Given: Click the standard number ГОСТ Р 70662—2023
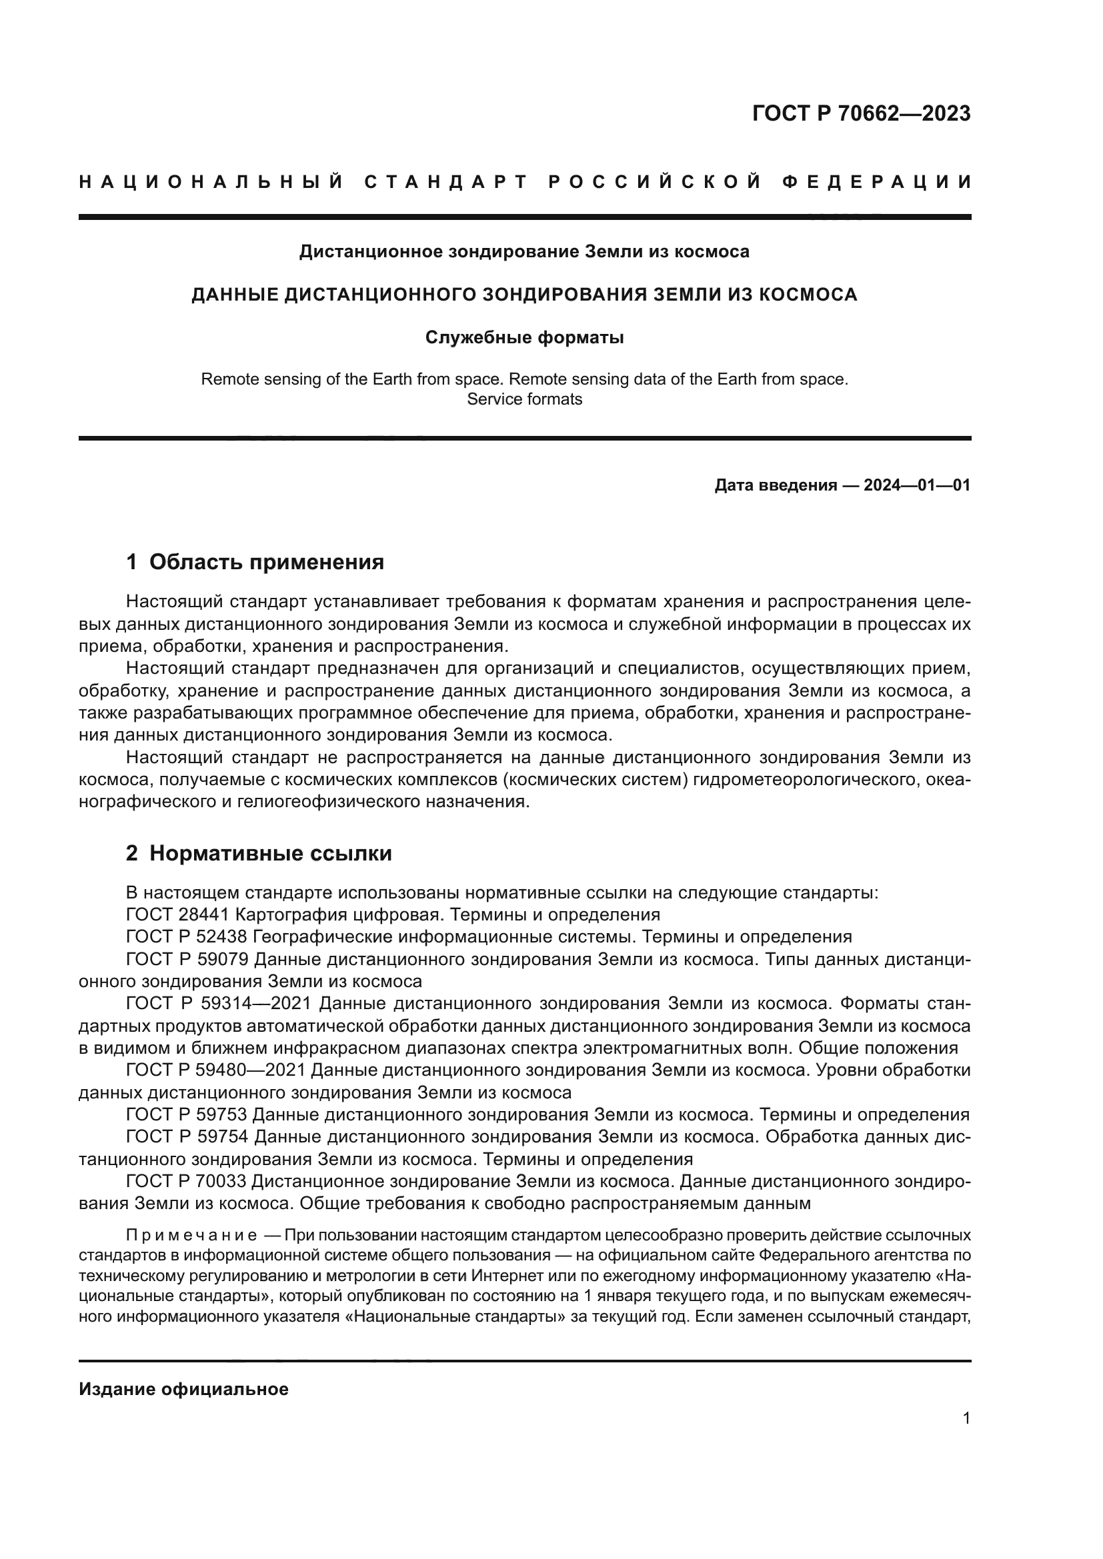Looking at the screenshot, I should [861, 113].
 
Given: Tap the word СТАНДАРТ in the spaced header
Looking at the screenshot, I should [446, 182].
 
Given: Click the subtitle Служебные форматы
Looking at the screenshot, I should [524, 337].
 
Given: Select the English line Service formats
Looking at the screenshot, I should [524, 399].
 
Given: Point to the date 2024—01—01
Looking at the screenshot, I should [917, 485].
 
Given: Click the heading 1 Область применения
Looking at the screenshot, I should [255, 563].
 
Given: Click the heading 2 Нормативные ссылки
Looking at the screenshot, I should [259, 854].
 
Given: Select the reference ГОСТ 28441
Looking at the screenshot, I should [177, 914].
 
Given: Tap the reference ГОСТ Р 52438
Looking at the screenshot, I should [187, 937].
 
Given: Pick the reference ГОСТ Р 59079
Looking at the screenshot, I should [187, 959].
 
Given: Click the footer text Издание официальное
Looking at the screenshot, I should [183, 1389].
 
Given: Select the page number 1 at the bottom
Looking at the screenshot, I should [966, 1418].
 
